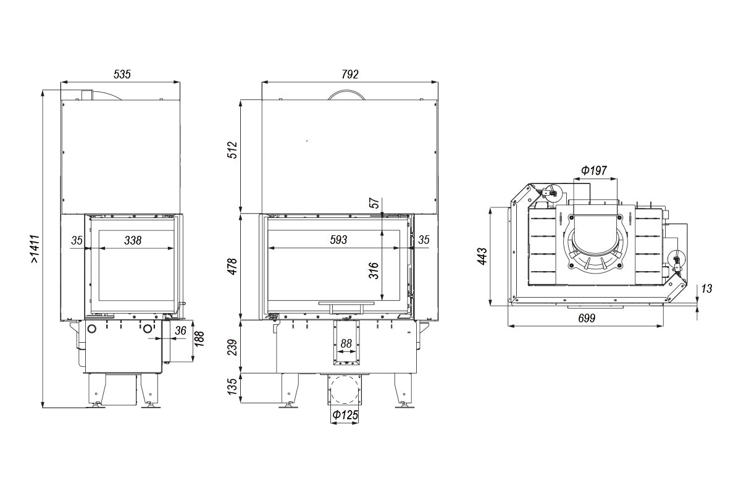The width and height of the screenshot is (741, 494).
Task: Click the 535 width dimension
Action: [x=122, y=74]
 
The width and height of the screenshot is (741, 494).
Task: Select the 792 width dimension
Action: [x=350, y=74]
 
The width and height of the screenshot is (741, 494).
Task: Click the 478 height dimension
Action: [x=232, y=266]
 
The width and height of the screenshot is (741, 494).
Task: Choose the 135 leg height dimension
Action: [x=232, y=387]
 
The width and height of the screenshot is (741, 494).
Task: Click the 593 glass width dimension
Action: [x=338, y=240]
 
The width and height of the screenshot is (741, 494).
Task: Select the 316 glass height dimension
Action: [x=374, y=270]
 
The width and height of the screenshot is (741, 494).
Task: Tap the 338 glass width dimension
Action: [x=132, y=240]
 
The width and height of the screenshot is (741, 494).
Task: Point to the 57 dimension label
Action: [x=374, y=203]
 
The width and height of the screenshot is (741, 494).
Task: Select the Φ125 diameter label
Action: [x=345, y=416]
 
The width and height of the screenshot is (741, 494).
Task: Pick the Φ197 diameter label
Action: [x=594, y=171]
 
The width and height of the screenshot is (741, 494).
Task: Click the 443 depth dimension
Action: [x=482, y=256]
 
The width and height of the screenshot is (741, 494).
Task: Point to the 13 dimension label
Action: [x=706, y=288]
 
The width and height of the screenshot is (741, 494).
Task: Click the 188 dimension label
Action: [x=199, y=340]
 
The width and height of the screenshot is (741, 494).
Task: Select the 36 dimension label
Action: [x=180, y=330]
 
